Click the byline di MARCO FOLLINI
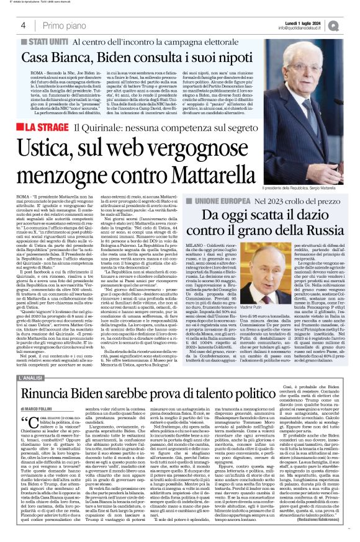[37, 391]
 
